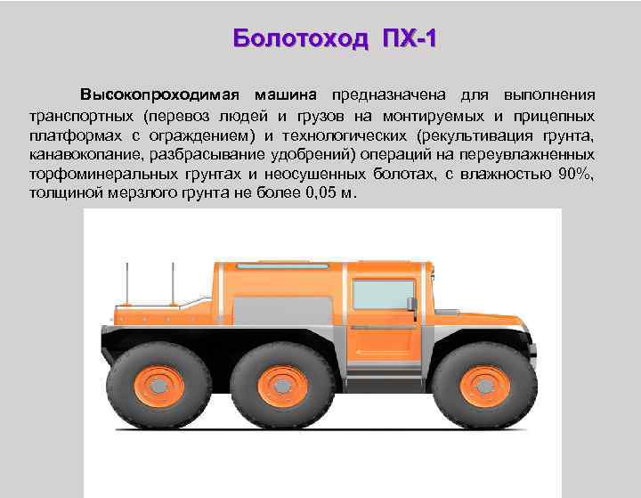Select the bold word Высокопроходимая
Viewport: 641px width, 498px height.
point(162,94)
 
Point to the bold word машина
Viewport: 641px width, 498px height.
point(289,94)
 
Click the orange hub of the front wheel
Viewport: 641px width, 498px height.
point(484,386)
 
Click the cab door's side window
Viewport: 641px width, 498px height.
point(383,294)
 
